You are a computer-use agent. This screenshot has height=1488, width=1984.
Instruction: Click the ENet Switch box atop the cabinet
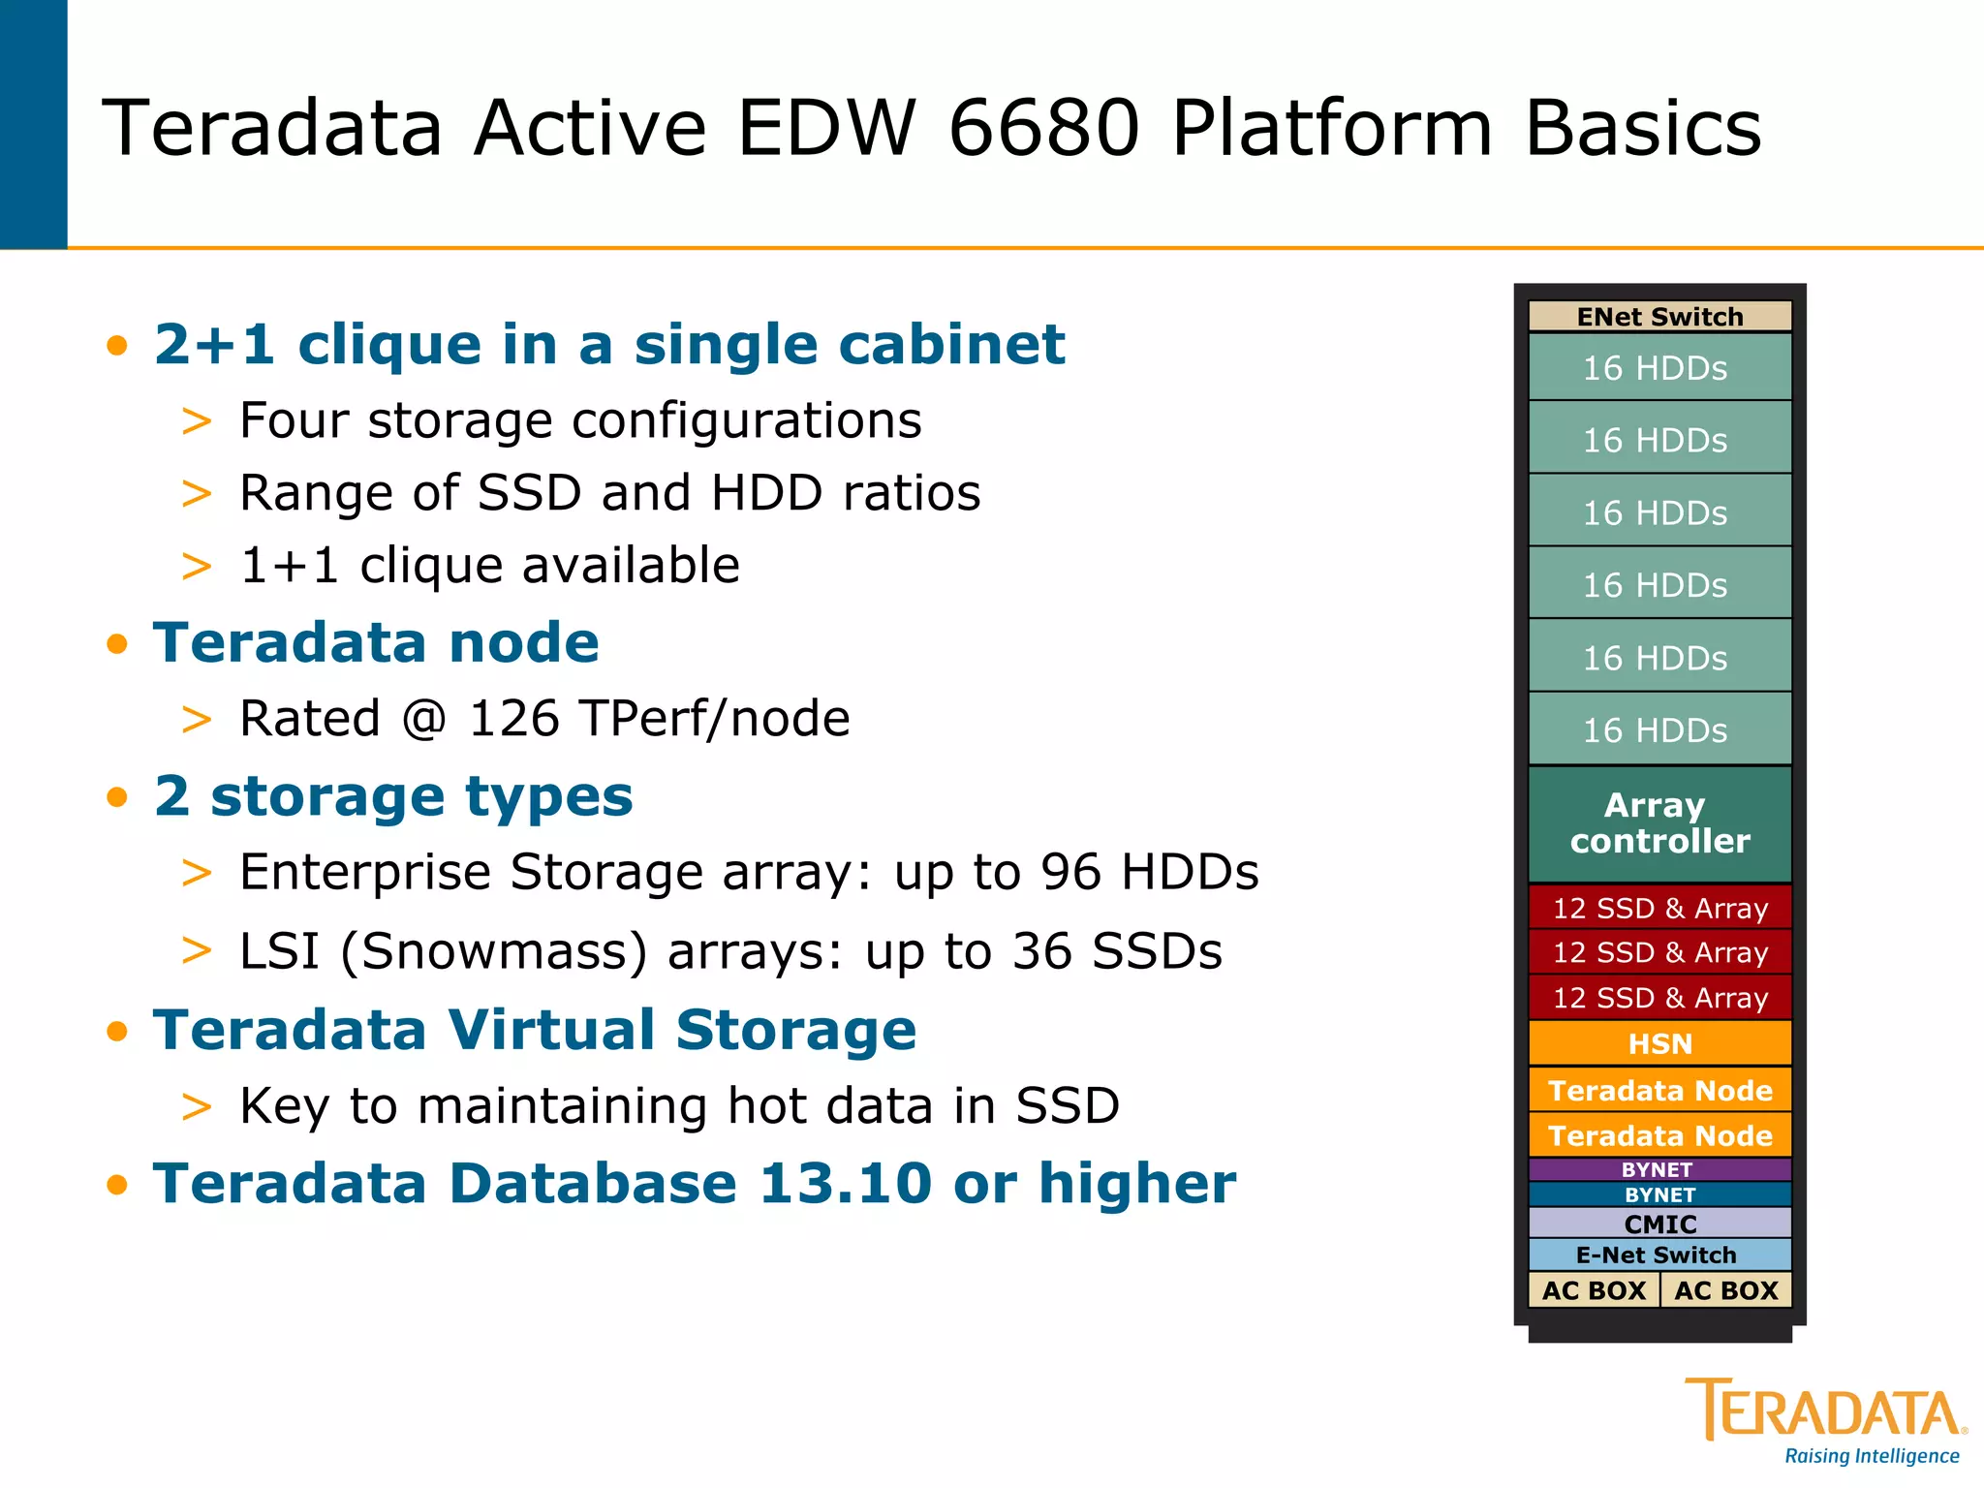pos(1659,317)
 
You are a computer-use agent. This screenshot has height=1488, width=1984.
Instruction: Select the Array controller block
pos(1659,823)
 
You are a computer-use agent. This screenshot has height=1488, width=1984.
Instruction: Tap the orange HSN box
pos(1659,1043)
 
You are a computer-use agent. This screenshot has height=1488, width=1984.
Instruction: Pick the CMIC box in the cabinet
pos(1659,1224)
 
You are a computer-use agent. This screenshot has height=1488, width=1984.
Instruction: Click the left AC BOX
pos(1594,1290)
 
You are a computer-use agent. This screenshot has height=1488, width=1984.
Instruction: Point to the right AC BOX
pos(1726,1290)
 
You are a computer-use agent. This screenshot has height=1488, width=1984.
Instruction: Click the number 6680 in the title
pos(1044,128)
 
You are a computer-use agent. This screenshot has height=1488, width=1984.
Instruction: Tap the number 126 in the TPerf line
pos(514,719)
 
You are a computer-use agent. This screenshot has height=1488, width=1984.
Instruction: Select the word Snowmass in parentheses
pos(494,951)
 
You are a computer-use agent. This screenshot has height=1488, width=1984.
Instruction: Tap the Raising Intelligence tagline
pos(1872,1456)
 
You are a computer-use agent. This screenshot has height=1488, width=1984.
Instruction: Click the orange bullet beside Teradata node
pos(117,643)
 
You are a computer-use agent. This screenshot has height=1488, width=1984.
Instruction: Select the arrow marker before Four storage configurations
pos(197,421)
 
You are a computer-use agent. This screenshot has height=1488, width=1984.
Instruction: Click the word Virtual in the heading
pos(551,1029)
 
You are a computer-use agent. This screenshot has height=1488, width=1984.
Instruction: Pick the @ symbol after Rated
pos(424,719)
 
